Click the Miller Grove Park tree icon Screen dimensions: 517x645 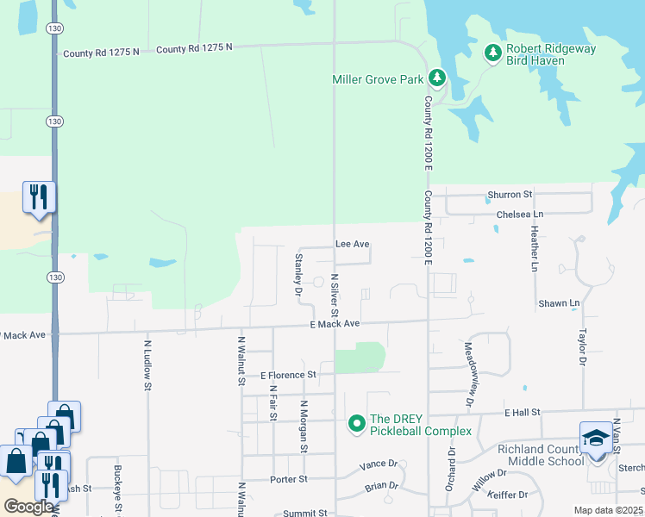pyautogui.click(x=437, y=79)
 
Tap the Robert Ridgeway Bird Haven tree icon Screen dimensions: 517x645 pyautogui.click(x=493, y=54)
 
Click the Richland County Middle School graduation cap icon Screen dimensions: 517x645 pyautogui.click(x=596, y=439)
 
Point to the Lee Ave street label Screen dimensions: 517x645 pyautogui.click(x=352, y=245)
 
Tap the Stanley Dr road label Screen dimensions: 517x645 pyautogui.click(x=298, y=274)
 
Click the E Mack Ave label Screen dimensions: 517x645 pyautogui.click(x=334, y=323)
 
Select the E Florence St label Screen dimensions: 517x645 pyautogui.click(x=288, y=375)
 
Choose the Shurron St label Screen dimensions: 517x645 pyautogui.click(x=510, y=195)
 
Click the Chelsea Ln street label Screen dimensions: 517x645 pyautogui.click(x=520, y=214)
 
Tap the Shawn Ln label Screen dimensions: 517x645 pyautogui.click(x=559, y=303)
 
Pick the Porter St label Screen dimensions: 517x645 pyautogui.click(x=289, y=479)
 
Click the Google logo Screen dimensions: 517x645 pyautogui.click(x=28, y=507)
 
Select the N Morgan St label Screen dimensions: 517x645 pyautogui.click(x=304, y=426)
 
